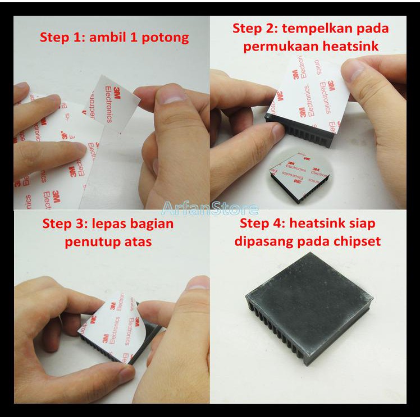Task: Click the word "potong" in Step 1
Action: [165, 38]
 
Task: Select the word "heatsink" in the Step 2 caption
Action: [350, 46]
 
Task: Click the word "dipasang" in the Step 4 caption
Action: [264, 241]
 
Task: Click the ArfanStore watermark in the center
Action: [210, 208]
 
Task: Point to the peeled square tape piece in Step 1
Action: [112, 103]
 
